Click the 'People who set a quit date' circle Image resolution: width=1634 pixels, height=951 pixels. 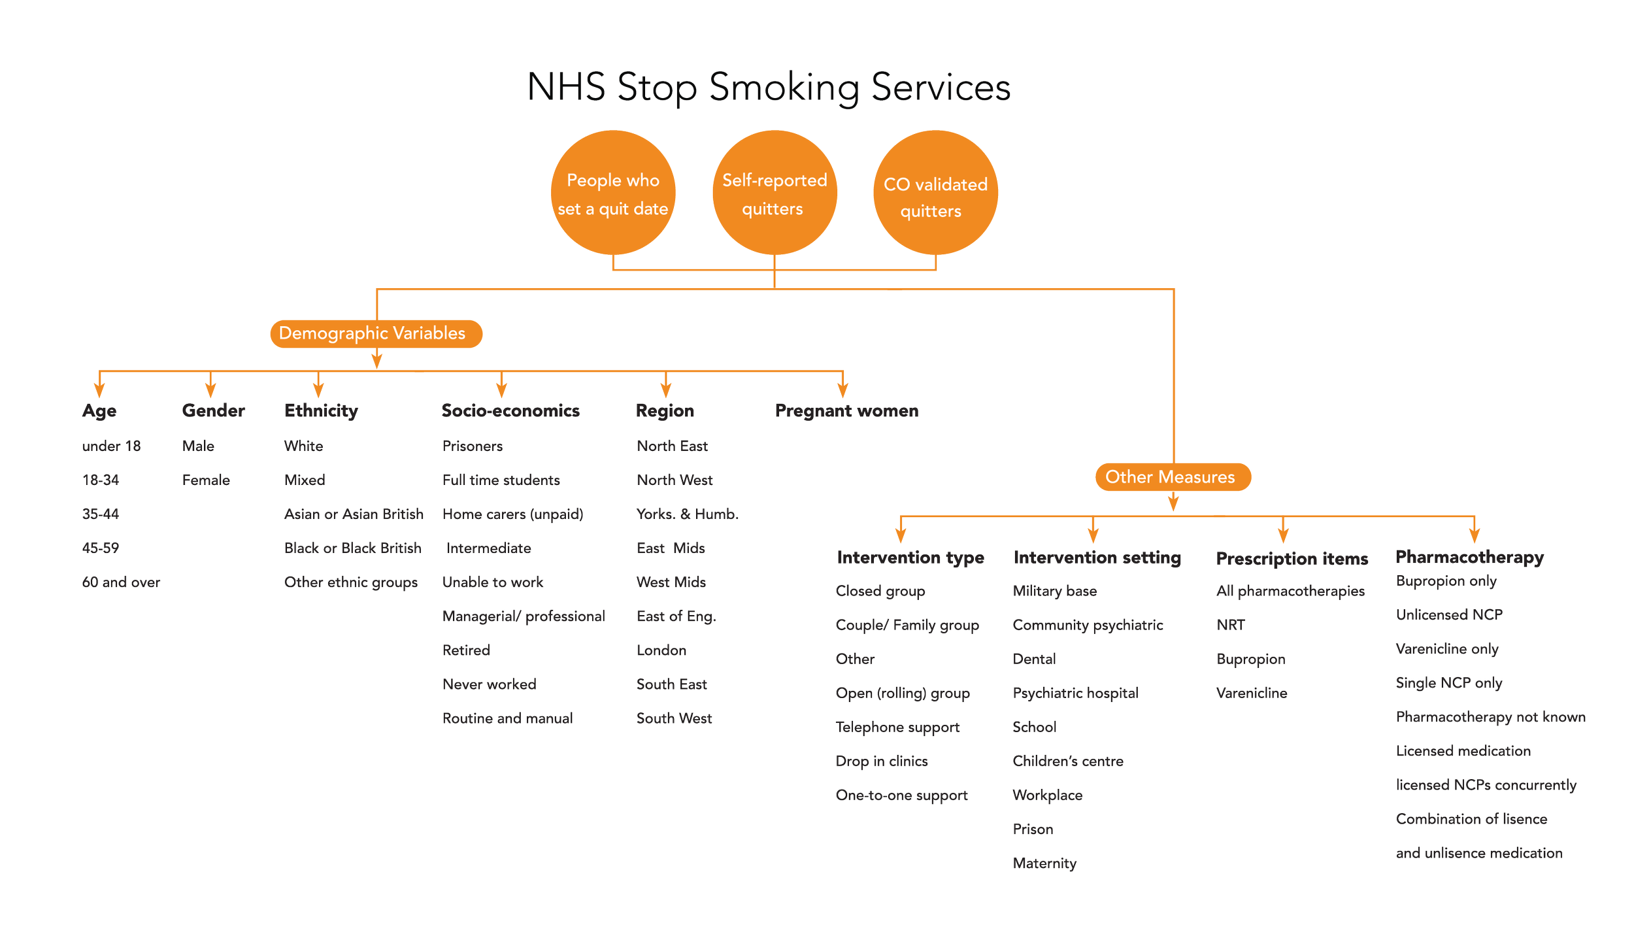click(612, 193)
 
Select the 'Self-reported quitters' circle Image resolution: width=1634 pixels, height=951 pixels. click(774, 193)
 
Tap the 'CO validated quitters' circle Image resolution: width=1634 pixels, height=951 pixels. click(935, 193)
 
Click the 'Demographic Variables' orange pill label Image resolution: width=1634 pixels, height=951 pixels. click(376, 333)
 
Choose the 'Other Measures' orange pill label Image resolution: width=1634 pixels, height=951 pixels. click(1173, 477)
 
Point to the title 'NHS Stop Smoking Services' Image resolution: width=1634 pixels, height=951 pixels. click(769, 87)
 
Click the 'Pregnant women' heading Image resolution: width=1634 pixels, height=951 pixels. click(846, 410)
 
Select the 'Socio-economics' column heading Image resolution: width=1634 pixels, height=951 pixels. click(510, 410)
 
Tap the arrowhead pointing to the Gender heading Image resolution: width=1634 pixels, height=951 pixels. click(210, 390)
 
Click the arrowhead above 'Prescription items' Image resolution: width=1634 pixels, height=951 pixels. click(1283, 535)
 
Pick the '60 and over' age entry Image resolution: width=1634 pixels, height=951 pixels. click(121, 582)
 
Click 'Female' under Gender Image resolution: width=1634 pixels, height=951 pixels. click(206, 480)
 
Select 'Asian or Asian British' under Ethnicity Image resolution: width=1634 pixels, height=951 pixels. click(354, 514)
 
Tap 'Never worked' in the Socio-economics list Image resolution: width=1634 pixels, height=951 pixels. click(489, 684)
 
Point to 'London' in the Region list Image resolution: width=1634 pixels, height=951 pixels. click(661, 650)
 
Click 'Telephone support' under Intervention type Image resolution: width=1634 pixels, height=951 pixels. click(897, 727)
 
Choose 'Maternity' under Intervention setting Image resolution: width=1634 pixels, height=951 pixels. click(1044, 863)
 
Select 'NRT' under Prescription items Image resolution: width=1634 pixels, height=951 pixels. click(1231, 625)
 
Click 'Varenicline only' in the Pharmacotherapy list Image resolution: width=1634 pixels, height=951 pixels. click(1447, 648)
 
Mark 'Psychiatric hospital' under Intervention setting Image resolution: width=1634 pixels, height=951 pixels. click(1075, 693)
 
